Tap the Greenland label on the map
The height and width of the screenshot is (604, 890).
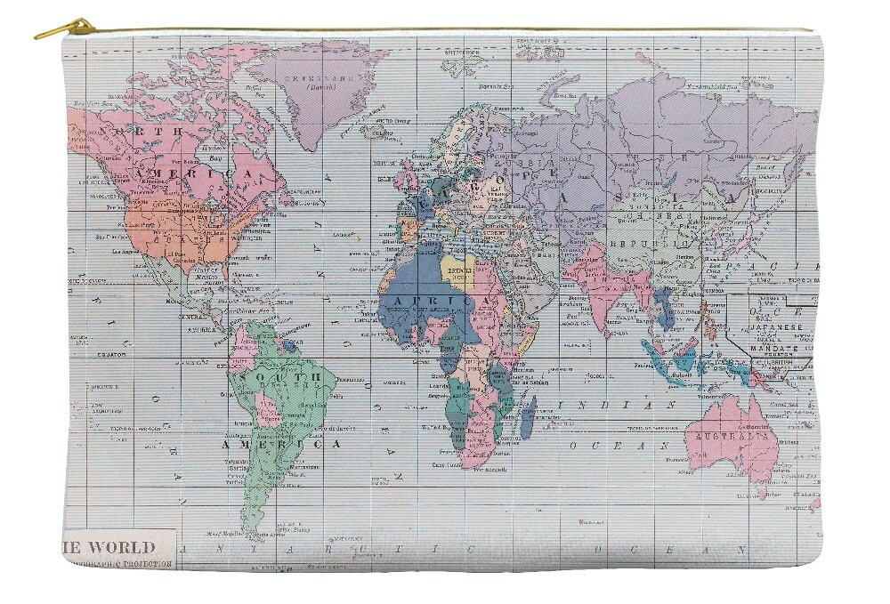[x=318, y=77]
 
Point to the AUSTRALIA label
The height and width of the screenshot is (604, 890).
[x=732, y=437]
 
